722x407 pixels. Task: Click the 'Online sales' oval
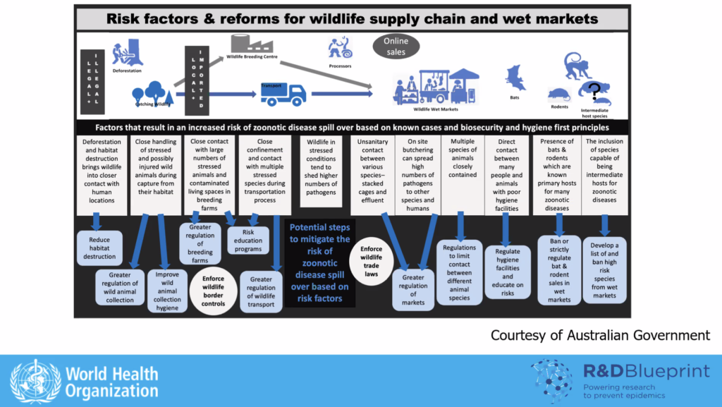pos(396,47)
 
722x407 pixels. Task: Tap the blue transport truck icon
pos(283,94)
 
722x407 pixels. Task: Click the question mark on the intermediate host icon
pos(596,90)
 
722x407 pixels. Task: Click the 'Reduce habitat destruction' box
pos(99,248)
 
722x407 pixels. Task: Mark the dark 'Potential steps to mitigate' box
pos(319,263)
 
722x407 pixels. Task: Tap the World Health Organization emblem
pos(35,381)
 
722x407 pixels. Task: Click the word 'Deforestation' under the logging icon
pos(126,71)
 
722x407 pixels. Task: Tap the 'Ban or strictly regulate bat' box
pos(559,269)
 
